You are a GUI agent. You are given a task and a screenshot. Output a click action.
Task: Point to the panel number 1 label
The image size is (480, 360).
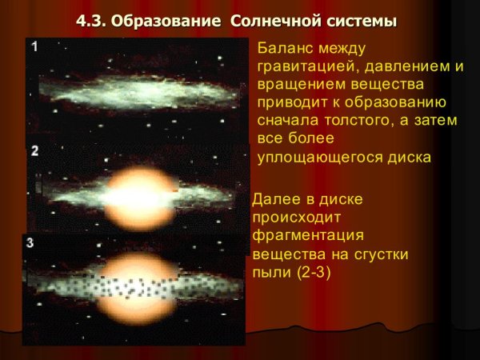point(34,47)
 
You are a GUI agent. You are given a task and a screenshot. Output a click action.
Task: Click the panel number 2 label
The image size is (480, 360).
point(34,150)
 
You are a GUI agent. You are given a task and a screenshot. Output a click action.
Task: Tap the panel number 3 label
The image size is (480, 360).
point(30,241)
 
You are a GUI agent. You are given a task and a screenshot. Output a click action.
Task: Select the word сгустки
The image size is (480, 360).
point(380,254)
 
